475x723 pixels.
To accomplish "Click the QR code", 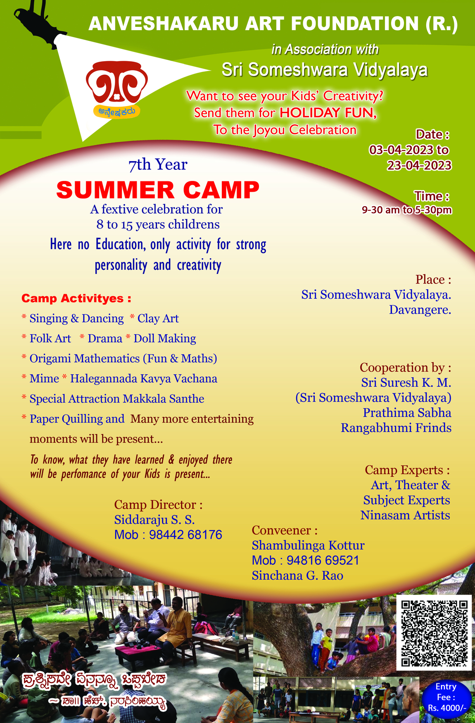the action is pyautogui.click(x=434, y=633).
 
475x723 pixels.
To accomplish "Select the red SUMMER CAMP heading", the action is pyautogui.click(x=158, y=190).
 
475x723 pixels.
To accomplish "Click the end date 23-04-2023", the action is pyautogui.click(x=419, y=166).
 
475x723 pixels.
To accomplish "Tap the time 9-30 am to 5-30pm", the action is pyautogui.click(x=407, y=210).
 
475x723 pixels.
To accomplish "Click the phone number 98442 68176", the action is pyautogui.click(x=185, y=535).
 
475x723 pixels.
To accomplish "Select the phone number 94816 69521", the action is pyautogui.click(x=323, y=561).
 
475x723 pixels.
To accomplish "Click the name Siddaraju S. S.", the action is pyautogui.click(x=154, y=520).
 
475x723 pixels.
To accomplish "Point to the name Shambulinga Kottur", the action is pyautogui.click(x=308, y=546).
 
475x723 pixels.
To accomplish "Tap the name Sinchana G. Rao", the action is pyautogui.click(x=297, y=576).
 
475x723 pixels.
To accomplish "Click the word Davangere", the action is pyautogui.click(x=420, y=310).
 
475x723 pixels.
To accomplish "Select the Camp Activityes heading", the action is pyautogui.click(x=76, y=298).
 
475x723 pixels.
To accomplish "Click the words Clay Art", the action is pyautogui.click(x=158, y=319).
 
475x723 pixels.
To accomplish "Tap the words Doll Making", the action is pyautogui.click(x=165, y=339).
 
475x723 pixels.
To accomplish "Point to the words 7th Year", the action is pyautogui.click(x=158, y=165).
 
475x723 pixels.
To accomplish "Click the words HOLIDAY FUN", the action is pyautogui.click(x=328, y=113).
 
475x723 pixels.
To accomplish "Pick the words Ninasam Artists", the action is pyautogui.click(x=405, y=516).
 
